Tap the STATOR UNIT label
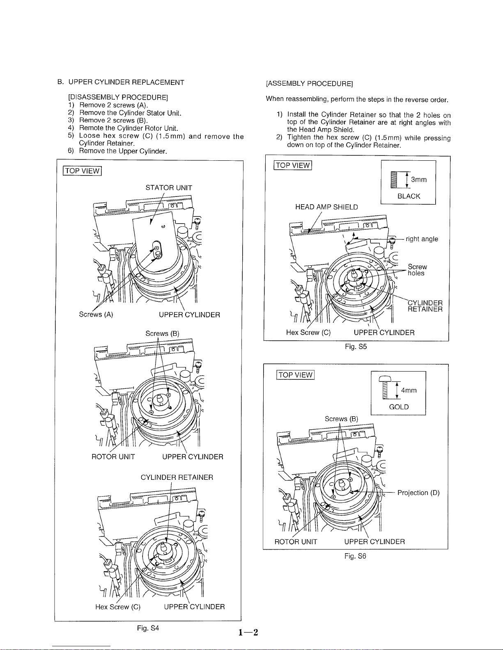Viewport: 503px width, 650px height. pos(169,188)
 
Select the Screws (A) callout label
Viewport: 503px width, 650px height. pos(96,315)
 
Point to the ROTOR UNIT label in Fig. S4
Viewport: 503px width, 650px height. pos(113,457)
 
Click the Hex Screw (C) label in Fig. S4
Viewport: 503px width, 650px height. pos(118,607)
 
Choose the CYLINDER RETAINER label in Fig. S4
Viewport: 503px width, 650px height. pos(177,477)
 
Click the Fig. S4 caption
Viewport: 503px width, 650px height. pos(148,628)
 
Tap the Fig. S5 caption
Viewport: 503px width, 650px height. pos(356,347)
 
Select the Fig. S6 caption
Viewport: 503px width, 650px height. pos(355,556)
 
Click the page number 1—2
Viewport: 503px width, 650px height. pos(248,632)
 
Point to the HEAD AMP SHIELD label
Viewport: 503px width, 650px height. pos(326,207)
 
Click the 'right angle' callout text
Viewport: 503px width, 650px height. pos(422,239)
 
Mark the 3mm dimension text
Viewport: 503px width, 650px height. pos(419,180)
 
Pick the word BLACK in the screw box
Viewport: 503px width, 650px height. pos(409,196)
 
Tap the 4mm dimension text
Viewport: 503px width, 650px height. pos(409,390)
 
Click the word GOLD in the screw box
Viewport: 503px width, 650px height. pos(399,407)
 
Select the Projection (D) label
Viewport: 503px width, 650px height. pos(418,493)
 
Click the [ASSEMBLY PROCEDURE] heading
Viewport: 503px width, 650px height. pos(309,84)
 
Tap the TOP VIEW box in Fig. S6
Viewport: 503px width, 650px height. pos(296,375)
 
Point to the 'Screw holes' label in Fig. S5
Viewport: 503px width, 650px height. pos(417,270)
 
